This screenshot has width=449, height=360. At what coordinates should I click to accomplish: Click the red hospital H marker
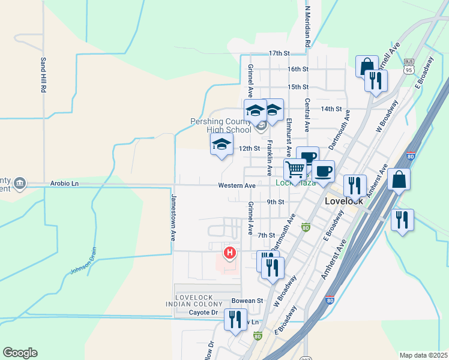point(229,253)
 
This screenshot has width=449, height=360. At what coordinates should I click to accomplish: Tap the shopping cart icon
point(295,170)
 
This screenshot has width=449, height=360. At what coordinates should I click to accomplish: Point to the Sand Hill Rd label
point(43,74)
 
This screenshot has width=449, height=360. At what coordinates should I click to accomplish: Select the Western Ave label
point(238,186)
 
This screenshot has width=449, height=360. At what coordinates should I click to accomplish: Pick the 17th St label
point(280,53)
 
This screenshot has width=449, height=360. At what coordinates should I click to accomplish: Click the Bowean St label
point(248,301)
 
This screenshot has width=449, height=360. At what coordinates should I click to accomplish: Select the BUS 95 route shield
point(409,67)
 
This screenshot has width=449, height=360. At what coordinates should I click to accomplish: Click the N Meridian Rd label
point(307,28)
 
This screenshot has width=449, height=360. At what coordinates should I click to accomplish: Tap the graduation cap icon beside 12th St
point(221,144)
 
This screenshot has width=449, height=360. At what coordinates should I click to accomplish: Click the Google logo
point(20,353)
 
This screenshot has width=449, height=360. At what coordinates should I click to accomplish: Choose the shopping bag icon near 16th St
point(366,66)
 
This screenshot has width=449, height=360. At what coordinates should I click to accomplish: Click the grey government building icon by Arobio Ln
point(19,183)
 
